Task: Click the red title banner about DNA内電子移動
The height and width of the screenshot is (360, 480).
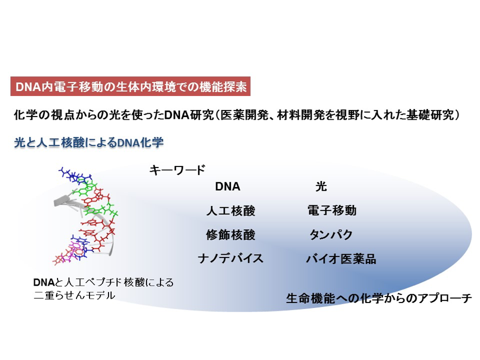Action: click(130, 86)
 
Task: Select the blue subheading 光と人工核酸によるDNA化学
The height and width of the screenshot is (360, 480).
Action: click(89, 143)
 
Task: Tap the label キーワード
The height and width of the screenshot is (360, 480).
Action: click(177, 170)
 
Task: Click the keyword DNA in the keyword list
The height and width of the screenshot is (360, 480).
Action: click(227, 187)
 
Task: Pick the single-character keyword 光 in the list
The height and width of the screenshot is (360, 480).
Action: click(321, 186)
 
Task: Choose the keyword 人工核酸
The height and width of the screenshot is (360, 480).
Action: click(231, 211)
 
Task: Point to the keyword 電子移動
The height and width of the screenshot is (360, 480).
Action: click(332, 210)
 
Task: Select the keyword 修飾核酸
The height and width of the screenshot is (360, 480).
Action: click(231, 235)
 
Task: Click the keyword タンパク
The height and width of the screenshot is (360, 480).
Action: click(331, 235)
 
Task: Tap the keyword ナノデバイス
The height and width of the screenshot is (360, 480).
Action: click(231, 259)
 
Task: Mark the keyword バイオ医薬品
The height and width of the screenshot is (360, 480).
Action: click(341, 259)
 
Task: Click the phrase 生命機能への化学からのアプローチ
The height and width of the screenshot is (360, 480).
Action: click(379, 298)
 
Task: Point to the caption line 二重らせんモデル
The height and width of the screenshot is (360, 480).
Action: click(74, 295)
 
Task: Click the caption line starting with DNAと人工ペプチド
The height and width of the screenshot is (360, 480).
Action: click(104, 282)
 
